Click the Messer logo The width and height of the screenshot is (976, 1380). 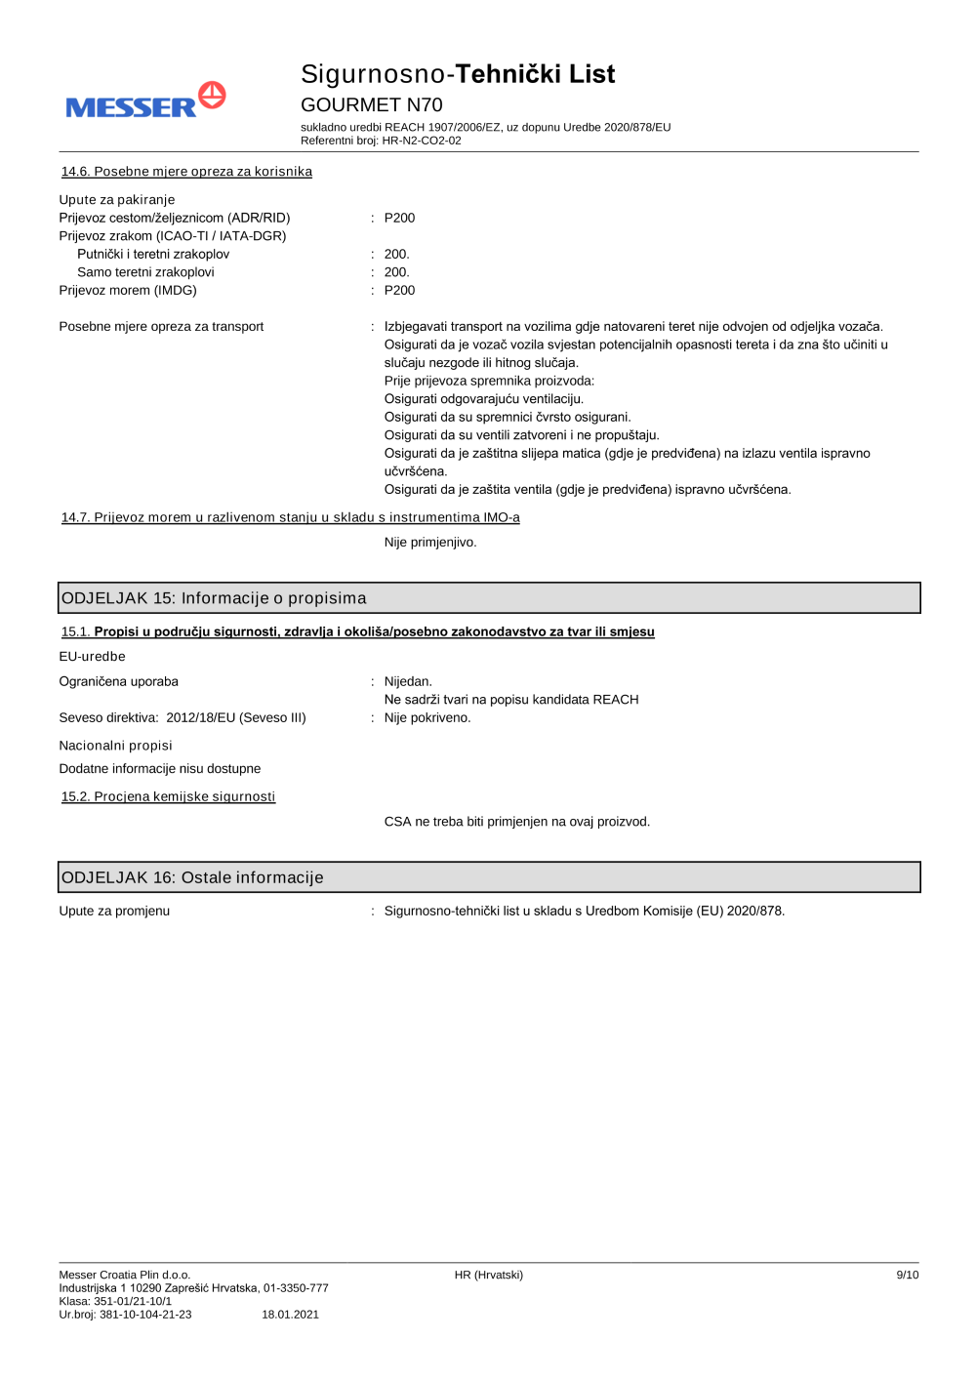click(x=145, y=101)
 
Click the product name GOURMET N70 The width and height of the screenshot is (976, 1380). click(x=371, y=104)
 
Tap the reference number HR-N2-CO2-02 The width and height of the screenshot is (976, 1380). click(x=422, y=141)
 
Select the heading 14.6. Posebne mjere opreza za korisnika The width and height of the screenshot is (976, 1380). click(x=186, y=172)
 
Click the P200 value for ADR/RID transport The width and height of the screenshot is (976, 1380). click(x=399, y=218)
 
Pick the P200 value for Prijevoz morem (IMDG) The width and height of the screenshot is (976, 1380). click(x=399, y=290)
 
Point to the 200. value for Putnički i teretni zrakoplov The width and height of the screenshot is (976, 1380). click(x=396, y=254)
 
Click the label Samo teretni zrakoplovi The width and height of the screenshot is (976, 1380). click(x=145, y=272)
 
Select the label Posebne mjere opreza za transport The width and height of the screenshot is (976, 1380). click(x=161, y=326)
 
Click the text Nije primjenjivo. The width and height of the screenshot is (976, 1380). click(x=430, y=542)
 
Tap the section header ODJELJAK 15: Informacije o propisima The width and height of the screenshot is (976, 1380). click(x=214, y=598)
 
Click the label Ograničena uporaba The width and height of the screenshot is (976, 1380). click(x=118, y=681)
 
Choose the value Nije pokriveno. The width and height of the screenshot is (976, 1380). click(x=427, y=717)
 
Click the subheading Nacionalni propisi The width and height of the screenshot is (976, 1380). click(x=115, y=746)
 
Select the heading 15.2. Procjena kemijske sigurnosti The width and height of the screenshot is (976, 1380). click(x=168, y=796)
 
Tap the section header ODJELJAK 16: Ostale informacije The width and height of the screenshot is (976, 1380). click(x=192, y=877)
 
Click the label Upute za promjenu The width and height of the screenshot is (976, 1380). click(x=114, y=911)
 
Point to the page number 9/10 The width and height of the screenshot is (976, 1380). click(x=907, y=1275)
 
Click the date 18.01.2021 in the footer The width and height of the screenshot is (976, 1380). click(x=290, y=1315)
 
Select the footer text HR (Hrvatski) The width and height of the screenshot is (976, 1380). click(x=488, y=1275)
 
